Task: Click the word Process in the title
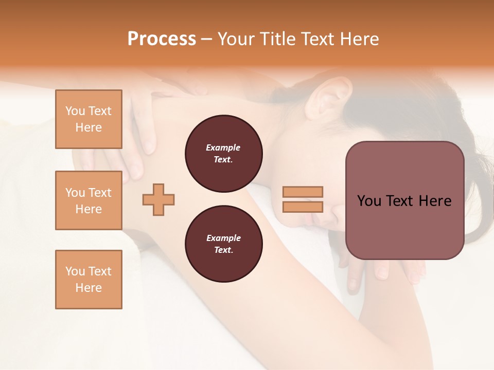pos(162,39)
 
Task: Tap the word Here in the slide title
pos(358,39)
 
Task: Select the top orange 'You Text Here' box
pos(89,119)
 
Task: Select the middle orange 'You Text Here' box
pos(89,200)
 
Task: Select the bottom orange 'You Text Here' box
pos(89,280)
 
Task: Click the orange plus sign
pos(158,199)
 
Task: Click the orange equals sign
pos(303,199)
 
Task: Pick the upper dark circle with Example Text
pos(223,154)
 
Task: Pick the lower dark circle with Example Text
pos(223,244)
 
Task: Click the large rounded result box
pos(404,200)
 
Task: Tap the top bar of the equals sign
pos(303,192)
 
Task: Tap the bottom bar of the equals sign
pos(303,207)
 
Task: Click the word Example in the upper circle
pos(223,147)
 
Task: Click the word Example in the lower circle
pos(223,238)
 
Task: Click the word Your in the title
pos(235,39)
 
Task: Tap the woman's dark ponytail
pos(481,206)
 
